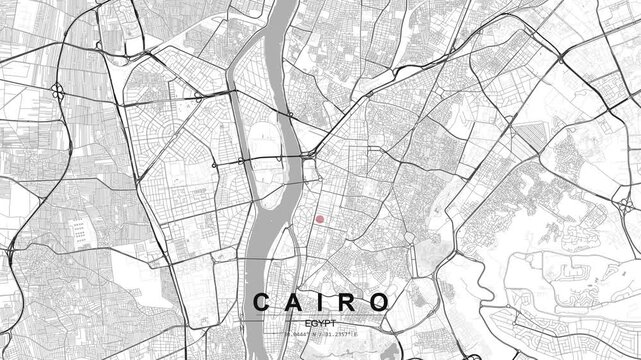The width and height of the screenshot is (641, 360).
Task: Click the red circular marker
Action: [320, 219]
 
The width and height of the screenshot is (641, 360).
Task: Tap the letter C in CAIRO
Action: [261, 302]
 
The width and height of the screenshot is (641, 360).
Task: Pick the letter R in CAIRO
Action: [346, 302]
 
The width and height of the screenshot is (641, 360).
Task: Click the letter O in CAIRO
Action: [378, 302]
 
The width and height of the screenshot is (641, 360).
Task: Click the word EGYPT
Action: [320, 324]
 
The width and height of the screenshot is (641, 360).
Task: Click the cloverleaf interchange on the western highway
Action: [59, 92]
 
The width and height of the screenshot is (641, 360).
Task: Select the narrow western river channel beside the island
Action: [238, 120]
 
